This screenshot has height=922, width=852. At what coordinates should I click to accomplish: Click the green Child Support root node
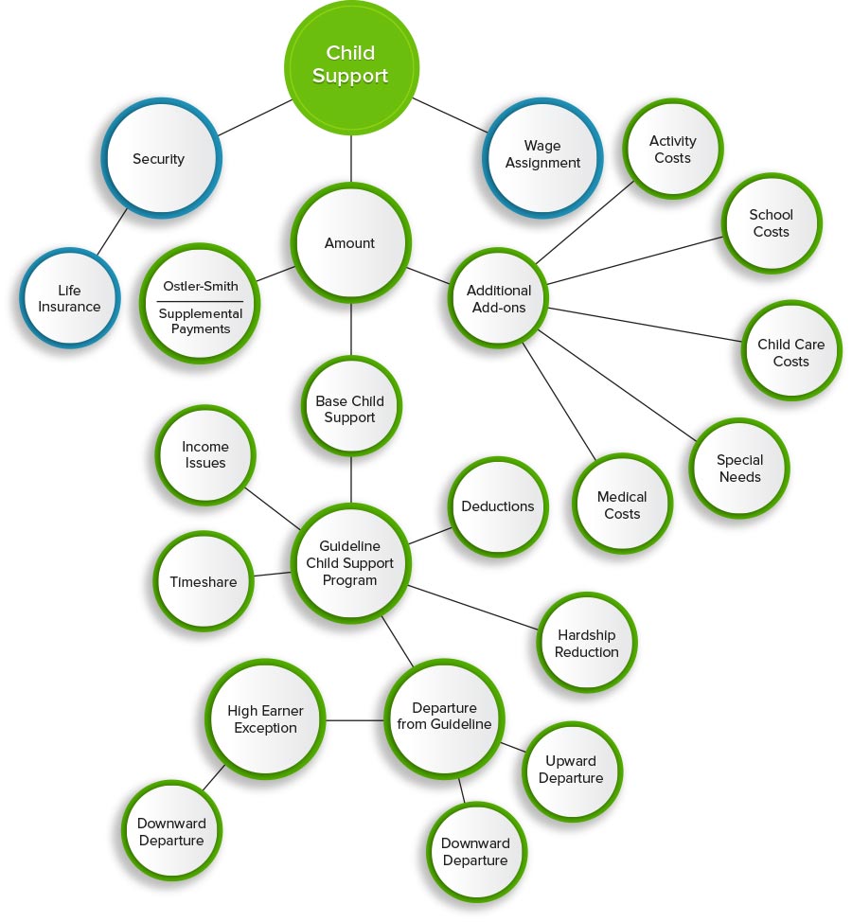[x=350, y=64]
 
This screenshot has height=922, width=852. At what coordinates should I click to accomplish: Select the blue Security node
[x=159, y=159]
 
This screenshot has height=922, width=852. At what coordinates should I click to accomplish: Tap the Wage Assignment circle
[x=542, y=154]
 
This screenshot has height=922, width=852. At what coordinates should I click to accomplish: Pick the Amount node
[x=350, y=243]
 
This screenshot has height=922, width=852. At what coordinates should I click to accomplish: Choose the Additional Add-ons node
[x=499, y=299]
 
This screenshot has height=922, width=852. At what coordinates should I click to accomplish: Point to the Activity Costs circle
[x=672, y=150]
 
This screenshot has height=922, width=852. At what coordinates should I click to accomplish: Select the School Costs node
[x=771, y=223]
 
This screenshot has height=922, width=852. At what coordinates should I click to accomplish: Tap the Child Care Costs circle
[x=790, y=352]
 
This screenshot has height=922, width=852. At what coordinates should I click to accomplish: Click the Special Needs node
[x=739, y=469]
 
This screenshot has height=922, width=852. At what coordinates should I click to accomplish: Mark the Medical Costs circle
[x=622, y=505]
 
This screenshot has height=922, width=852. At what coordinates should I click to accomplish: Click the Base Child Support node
[x=350, y=409]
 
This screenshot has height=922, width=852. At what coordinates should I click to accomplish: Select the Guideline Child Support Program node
[x=350, y=563]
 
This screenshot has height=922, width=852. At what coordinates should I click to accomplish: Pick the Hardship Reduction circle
[x=587, y=644]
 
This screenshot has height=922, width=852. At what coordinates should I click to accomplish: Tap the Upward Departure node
[x=571, y=770]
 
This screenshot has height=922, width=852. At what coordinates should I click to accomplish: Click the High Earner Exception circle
[x=266, y=719]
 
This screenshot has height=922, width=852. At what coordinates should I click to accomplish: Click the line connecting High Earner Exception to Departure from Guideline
[x=355, y=720]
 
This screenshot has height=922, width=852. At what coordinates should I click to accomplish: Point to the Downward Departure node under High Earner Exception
[x=171, y=831]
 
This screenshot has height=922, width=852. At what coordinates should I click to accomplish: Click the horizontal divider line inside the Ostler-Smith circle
[x=200, y=301]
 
